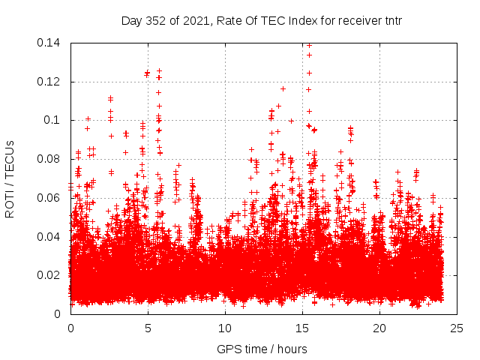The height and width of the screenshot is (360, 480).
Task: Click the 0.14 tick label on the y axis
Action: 49,43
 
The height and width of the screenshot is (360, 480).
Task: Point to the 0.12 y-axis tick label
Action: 49,82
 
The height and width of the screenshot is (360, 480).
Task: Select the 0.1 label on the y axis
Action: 53,120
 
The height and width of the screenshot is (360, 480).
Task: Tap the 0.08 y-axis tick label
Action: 49,159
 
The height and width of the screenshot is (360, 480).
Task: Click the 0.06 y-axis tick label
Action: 49,198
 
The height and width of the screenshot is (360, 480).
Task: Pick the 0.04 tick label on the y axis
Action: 49,237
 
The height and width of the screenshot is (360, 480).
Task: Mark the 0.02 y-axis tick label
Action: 49,275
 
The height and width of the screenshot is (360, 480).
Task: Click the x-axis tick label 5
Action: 148,328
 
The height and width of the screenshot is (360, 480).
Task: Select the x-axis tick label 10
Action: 225,328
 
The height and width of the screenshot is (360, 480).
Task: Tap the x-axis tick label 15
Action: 302,328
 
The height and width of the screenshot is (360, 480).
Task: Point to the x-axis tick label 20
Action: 379,328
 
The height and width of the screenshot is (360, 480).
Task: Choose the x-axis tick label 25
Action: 457,328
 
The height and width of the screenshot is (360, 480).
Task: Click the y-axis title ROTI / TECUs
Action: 10,178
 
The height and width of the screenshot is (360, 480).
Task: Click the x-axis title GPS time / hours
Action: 262,349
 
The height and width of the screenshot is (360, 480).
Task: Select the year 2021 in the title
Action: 196,20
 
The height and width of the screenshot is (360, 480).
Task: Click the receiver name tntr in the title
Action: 390,20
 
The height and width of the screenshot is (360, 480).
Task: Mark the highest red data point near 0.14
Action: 309,45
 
